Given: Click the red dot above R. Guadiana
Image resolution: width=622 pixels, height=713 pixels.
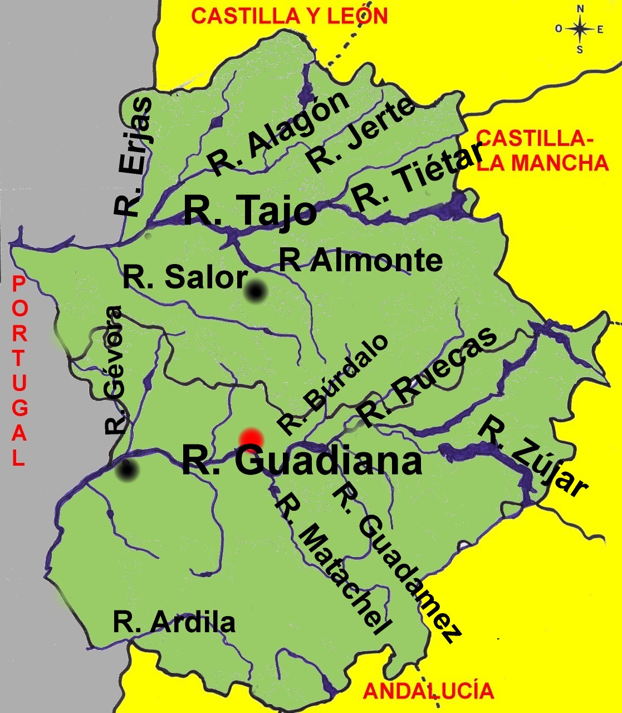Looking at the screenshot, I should click(251, 438).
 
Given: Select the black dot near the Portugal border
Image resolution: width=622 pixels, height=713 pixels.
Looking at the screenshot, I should click(128, 471).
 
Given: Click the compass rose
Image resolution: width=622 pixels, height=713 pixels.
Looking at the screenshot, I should click(580, 30).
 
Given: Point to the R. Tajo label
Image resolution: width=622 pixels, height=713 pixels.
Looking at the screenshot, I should click(249, 210).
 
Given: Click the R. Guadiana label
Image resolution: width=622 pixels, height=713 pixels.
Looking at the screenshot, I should click(301, 461).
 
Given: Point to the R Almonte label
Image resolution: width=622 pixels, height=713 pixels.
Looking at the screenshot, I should click(360, 260).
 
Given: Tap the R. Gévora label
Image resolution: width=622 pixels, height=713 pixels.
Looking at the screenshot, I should click(113, 370).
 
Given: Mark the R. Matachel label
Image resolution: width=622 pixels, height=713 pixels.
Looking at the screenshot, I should click(330, 564).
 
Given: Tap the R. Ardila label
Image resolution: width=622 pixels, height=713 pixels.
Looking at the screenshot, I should click(174, 622).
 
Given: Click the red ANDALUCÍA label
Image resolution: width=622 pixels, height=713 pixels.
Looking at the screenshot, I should click(428, 691).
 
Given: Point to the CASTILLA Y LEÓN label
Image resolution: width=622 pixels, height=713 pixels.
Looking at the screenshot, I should click(289, 16).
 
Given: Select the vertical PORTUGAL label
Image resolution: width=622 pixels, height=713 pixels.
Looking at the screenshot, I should click(19, 371).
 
